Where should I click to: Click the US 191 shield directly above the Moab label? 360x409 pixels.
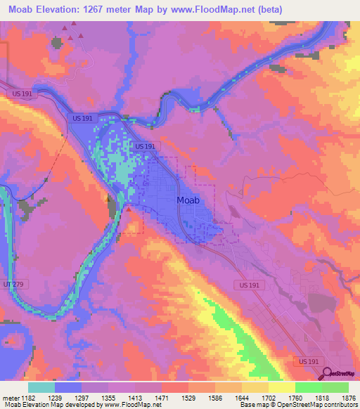tap(145, 146)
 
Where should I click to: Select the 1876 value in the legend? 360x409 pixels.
tap(348, 397)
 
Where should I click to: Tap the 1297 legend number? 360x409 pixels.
tap(82, 397)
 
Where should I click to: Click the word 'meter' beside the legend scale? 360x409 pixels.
tap(9, 397)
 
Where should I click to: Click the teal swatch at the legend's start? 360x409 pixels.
tap(41, 387)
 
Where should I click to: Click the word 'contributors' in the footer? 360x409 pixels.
tap(342, 405)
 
